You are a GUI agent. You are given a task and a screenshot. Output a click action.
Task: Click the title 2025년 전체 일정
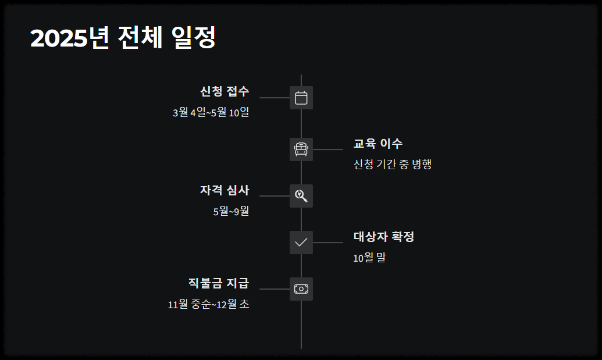123,38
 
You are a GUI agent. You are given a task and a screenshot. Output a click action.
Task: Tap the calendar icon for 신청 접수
301,98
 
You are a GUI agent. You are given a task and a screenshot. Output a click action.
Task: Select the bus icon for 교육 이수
301,149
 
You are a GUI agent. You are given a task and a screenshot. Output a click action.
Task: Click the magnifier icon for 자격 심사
301,196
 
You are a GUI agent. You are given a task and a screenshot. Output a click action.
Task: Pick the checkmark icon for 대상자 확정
301,243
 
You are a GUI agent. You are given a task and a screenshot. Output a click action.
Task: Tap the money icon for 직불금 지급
301,289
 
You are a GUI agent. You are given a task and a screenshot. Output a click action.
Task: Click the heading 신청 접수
225,91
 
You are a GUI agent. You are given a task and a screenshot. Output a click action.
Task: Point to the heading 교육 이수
378,144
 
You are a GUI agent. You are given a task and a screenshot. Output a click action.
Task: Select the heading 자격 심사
225,190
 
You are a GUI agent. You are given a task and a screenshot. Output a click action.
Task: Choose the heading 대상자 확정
384,237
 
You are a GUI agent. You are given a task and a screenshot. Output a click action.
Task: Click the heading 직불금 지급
218,283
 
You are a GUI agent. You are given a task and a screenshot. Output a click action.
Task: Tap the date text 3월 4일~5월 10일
211,112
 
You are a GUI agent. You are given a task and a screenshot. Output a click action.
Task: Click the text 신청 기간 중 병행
393,164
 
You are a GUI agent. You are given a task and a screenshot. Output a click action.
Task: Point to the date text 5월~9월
231,211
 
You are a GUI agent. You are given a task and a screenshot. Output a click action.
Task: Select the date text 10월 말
369,258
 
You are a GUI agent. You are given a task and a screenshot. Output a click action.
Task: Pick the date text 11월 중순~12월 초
208,304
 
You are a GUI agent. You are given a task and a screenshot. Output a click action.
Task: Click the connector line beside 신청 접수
275,98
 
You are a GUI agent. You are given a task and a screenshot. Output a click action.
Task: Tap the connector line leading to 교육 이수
328,149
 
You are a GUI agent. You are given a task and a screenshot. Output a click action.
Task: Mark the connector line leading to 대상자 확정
328,243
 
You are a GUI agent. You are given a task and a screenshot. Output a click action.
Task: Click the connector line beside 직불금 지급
275,289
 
